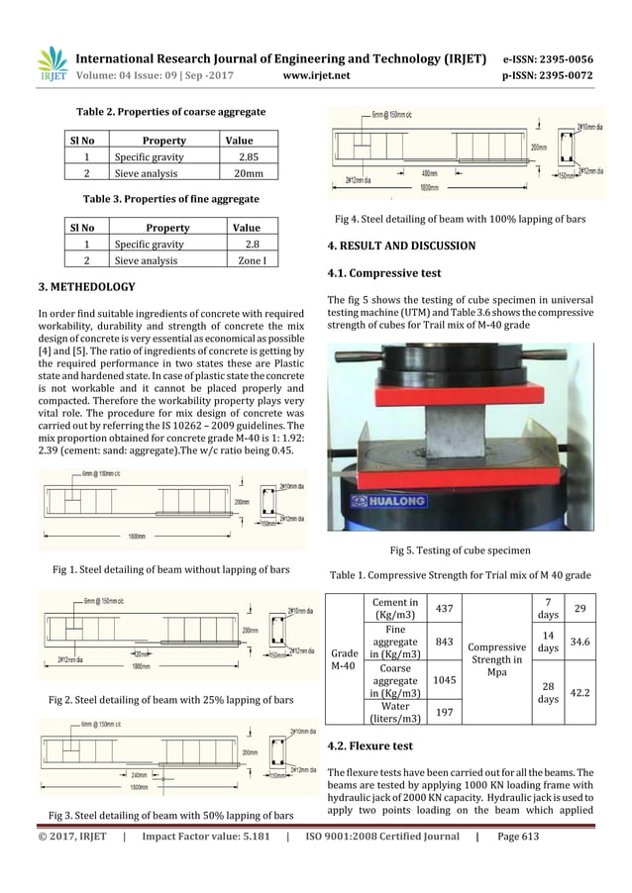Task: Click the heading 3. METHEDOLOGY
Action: [86, 287]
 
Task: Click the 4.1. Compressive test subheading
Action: [383, 272]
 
